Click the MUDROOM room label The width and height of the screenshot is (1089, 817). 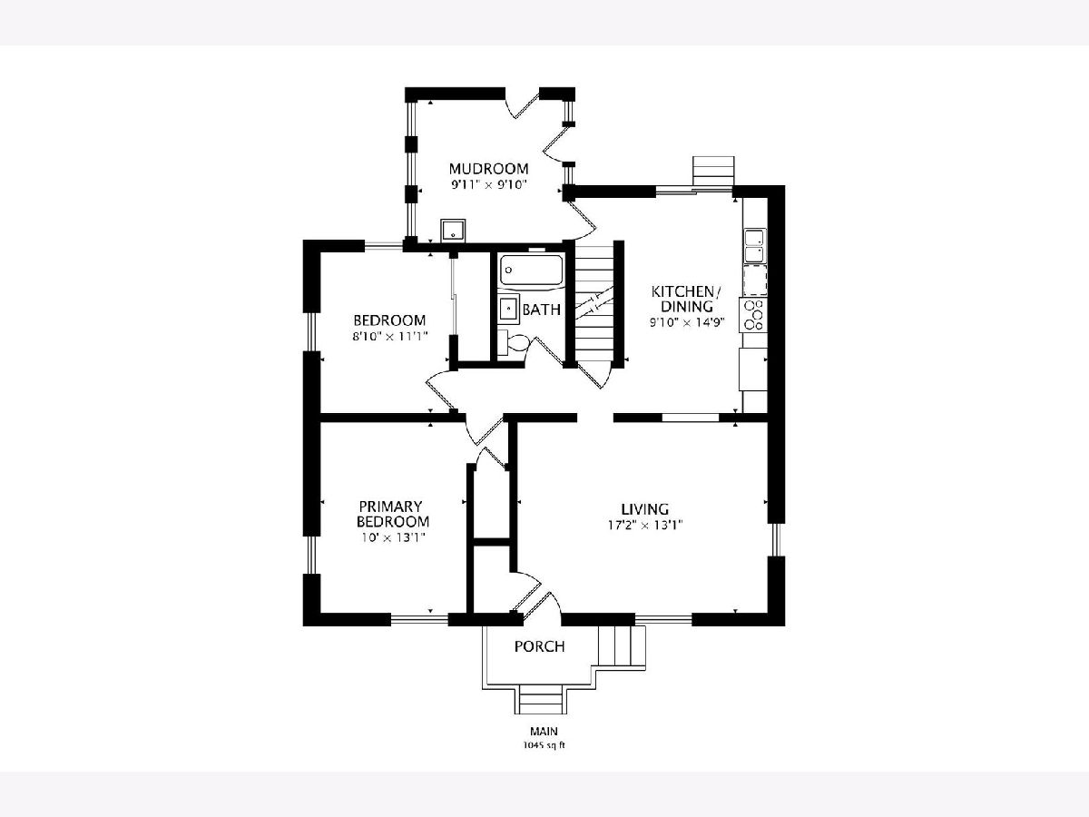point(488,169)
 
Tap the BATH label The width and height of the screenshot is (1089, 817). point(541,310)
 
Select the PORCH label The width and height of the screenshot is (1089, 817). point(539,647)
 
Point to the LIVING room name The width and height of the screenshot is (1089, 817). point(645,509)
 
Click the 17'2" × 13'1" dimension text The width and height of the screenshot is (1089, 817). point(645,525)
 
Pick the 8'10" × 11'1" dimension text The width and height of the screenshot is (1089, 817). point(390,336)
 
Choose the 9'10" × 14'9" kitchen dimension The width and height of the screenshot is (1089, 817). point(687,322)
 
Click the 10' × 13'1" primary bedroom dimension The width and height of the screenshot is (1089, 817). point(394,537)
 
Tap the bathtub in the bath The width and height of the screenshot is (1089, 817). point(531,271)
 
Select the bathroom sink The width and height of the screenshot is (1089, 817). point(508,310)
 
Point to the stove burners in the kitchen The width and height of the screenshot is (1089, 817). point(753,315)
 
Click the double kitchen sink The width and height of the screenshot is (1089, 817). point(755,245)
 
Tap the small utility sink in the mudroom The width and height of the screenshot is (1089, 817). point(453,231)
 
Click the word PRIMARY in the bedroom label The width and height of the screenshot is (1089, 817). point(390,507)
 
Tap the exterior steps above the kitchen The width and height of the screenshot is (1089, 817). point(713,172)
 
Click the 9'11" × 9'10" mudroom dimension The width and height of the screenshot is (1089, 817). point(488,185)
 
